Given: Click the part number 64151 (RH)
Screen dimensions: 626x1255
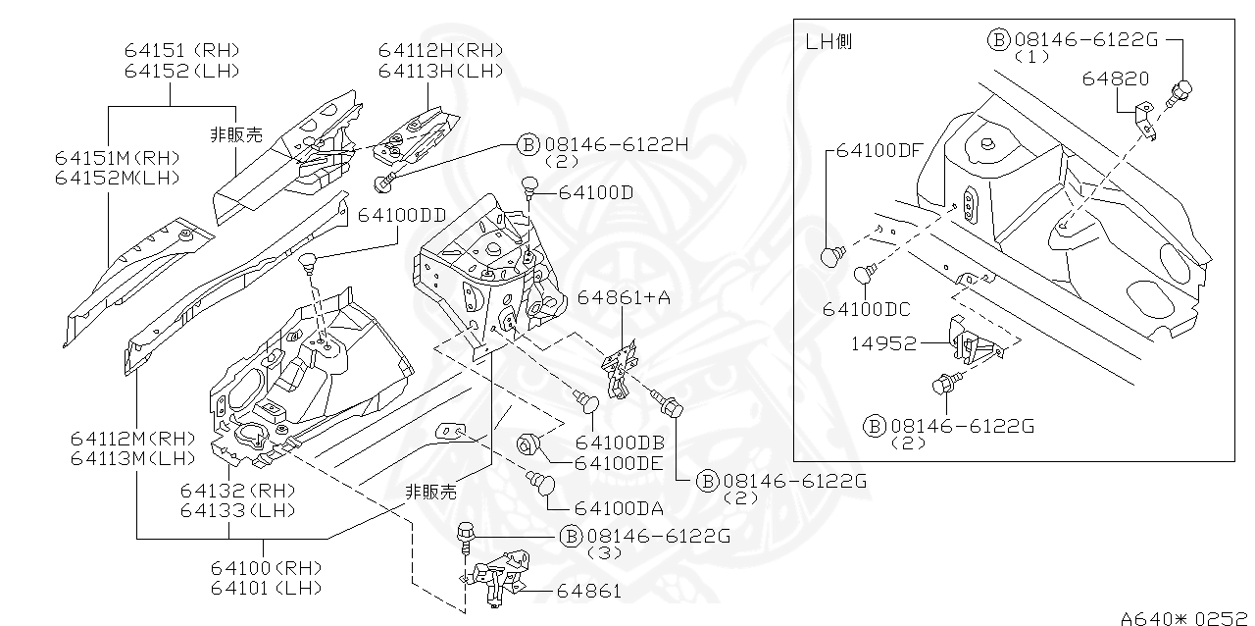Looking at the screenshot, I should pyautogui.click(x=181, y=50).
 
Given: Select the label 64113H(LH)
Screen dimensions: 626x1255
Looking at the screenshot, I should pyautogui.click(x=440, y=71).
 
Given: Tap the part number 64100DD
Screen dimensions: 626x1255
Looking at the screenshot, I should pyautogui.click(x=401, y=214).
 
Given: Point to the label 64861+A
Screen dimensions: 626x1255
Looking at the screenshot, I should pyautogui.click(x=624, y=297).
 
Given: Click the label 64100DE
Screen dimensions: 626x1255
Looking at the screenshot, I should pyautogui.click(x=619, y=463).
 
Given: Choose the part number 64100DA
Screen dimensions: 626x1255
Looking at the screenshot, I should pyautogui.click(x=619, y=508).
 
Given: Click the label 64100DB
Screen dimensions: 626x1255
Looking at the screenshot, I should pyautogui.click(x=620, y=443).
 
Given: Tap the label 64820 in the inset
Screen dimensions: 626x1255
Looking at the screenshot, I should pyautogui.click(x=1116, y=78).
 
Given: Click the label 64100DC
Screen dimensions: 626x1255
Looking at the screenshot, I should pyautogui.click(x=867, y=309).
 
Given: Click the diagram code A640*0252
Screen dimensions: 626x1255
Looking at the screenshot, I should pyautogui.click(x=1186, y=617).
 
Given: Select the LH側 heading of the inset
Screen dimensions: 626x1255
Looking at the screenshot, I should pyautogui.click(x=828, y=41).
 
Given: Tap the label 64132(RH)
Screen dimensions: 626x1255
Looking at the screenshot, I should pyautogui.click(x=237, y=490).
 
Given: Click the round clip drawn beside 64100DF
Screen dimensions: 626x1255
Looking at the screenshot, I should pyautogui.click(x=832, y=256).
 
